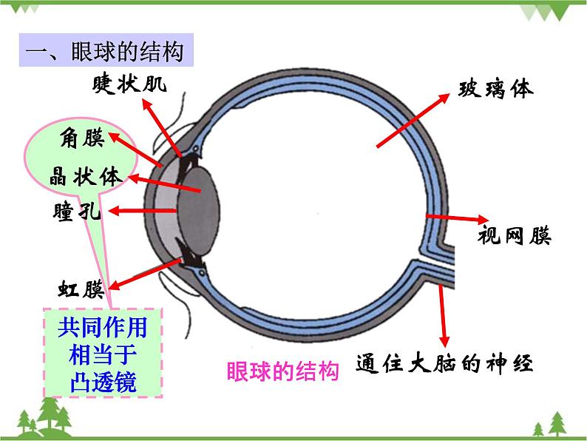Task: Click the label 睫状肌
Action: [129, 84]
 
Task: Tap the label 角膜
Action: [82, 138]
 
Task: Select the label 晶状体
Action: [86, 176]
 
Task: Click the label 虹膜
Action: [81, 289]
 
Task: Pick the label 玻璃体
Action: [495, 90]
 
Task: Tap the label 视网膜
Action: [515, 236]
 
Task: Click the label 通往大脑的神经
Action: [444, 363]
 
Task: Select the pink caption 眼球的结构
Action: [282, 371]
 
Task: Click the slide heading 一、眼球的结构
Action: [105, 51]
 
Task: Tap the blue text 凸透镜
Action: [104, 382]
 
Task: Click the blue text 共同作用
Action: [103, 327]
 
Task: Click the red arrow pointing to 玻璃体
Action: [413, 121]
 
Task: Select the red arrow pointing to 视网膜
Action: [458, 218]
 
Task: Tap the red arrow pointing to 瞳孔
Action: [142, 211]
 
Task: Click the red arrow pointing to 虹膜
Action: [145, 275]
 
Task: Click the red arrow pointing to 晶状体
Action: [164, 184]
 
